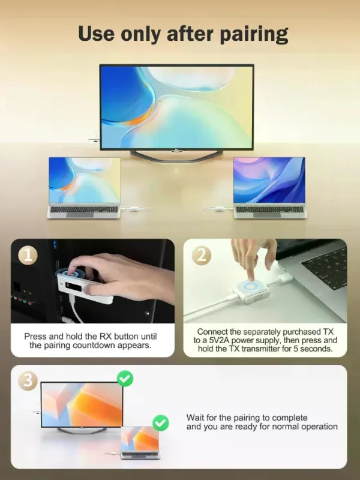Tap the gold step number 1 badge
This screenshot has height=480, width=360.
(28, 256)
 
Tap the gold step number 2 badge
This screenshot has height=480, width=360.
(201, 256)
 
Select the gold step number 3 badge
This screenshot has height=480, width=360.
(28, 381)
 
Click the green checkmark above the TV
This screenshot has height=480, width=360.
(125, 379)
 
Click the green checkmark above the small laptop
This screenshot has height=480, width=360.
(160, 423)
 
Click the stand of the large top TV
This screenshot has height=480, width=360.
(176, 155)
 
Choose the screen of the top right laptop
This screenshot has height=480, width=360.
(269, 180)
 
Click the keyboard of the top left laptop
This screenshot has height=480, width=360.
(84, 209)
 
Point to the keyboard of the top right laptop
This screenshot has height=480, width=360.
(269, 209)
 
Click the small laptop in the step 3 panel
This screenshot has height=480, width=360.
(140, 442)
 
